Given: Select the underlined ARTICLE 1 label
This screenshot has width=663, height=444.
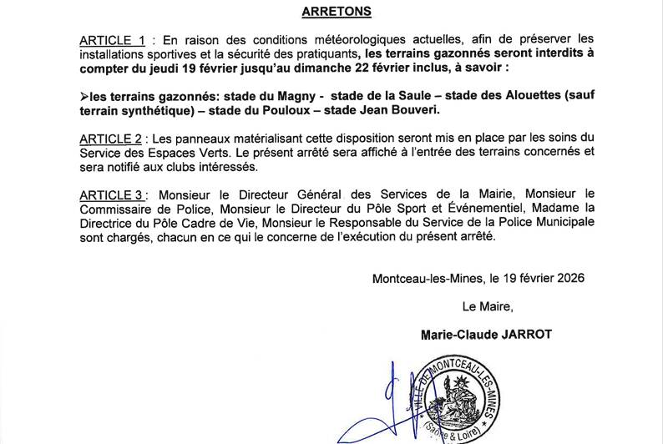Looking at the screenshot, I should [113, 40].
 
